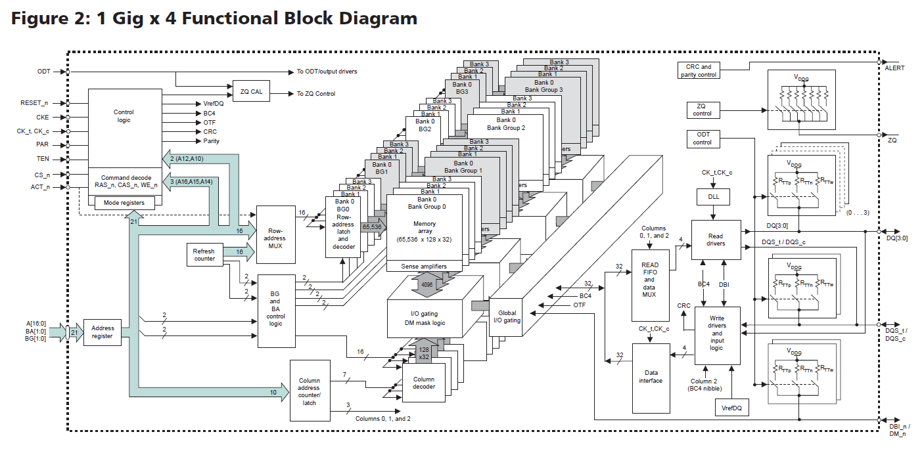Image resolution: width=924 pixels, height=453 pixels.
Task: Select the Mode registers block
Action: click(x=124, y=203)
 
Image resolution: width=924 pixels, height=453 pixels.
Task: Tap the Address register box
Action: click(x=103, y=332)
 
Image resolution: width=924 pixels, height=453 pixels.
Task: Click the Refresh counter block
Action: click(x=204, y=254)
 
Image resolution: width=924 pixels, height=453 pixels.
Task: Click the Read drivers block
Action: click(x=716, y=239)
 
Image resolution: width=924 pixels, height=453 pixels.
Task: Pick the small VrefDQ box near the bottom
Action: click(x=732, y=408)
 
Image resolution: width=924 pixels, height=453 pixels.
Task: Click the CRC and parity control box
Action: click(x=699, y=71)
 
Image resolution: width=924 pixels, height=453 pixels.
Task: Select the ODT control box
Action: click(x=702, y=138)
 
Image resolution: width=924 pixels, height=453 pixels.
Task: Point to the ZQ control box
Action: click(x=702, y=110)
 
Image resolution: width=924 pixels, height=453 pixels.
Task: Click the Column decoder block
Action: click(x=423, y=383)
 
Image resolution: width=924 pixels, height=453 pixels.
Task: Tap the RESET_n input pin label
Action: click(x=34, y=103)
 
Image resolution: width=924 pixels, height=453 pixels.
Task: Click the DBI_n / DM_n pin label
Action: click(x=899, y=430)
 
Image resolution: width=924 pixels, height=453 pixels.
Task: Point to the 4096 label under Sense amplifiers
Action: click(x=427, y=286)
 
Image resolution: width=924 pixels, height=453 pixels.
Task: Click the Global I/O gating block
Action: click(x=508, y=316)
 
